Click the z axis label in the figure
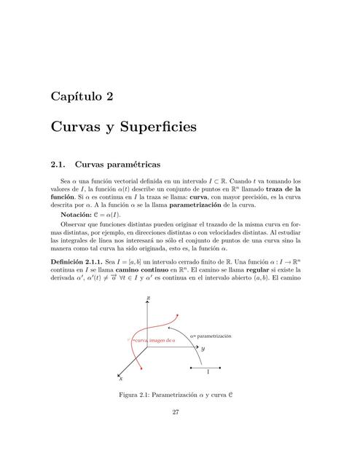coord(148,298)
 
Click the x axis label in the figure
coord(120,379)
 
